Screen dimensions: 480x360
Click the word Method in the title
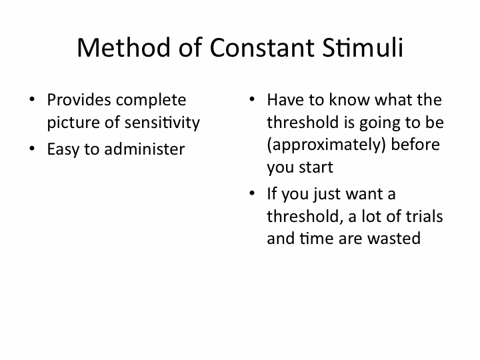click(x=123, y=47)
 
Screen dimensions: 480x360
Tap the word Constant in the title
click(x=262, y=47)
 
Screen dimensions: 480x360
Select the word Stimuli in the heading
click(x=363, y=47)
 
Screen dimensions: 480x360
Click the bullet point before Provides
click(x=32, y=99)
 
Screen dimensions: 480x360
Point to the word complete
click(x=151, y=101)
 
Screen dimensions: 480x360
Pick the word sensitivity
click(x=162, y=123)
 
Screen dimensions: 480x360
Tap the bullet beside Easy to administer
click(x=32, y=149)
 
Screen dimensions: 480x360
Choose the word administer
click(x=145, y=149)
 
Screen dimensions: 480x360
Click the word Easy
click(x=63, y=150)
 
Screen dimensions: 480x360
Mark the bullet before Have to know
click(x=252, y=99)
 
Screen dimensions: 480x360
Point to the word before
click(x=415, y=144)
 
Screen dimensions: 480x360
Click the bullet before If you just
click(x=252, y=193)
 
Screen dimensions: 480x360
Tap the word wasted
click(x=394, y=239)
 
